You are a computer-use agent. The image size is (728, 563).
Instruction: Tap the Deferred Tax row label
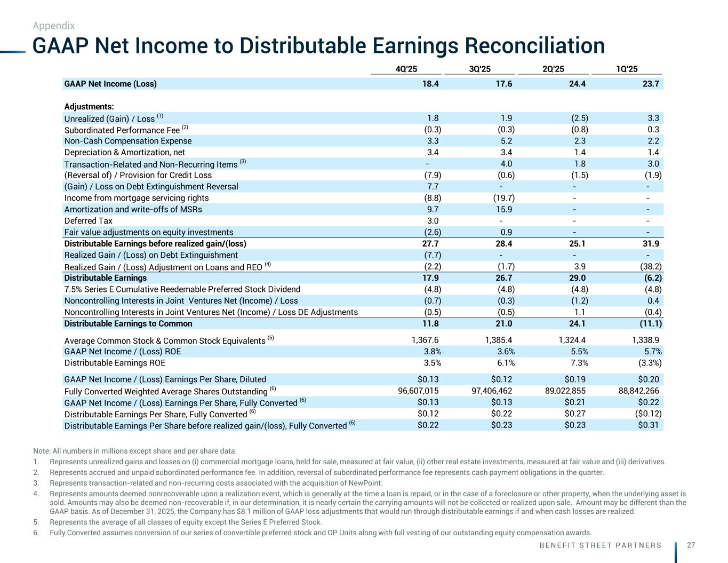point(89,221)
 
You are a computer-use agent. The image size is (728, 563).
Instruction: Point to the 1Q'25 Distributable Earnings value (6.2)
point(651,278)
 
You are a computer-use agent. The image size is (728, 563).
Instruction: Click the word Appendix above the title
point(53,26)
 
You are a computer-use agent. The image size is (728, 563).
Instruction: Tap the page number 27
point(691,545)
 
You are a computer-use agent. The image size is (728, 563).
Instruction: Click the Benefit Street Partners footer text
point(600,545)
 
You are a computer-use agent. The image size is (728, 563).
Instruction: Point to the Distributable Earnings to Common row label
point(128,323)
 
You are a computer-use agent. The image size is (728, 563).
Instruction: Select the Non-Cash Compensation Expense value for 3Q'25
point(506,141)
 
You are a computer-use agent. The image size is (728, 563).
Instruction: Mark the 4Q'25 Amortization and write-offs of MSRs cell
point(433,209)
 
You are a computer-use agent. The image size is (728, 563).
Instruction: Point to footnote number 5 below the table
point(35,522)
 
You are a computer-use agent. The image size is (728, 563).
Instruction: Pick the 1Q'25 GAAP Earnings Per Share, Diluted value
point(649,379)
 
